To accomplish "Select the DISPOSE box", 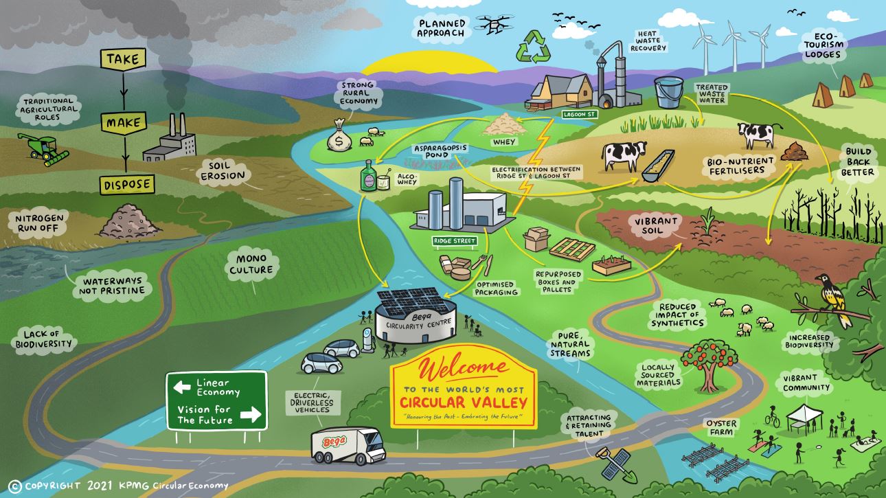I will [127, 184].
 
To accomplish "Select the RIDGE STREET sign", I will [453, 242].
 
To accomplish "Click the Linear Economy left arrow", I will [182, 387].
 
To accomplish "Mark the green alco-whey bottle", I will [368, 177].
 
